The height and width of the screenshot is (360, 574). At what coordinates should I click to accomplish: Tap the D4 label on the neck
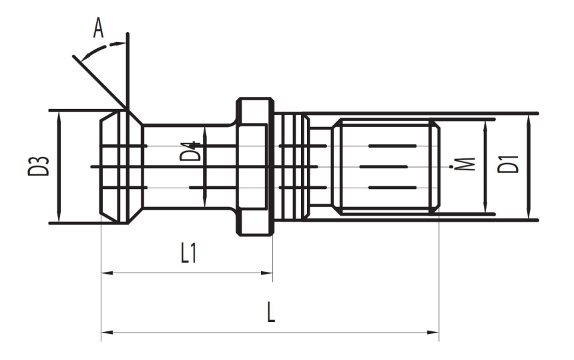pos(191,152)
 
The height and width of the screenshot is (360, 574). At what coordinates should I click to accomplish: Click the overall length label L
pos(270,313)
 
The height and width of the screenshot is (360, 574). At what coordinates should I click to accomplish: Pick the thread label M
pos(468,164)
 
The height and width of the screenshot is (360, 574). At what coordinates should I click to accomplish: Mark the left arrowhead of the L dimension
pos(105,331)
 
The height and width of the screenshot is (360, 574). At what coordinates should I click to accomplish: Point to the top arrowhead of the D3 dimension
pos(59,115)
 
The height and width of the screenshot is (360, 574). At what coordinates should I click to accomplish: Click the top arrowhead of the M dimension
pos(486,124)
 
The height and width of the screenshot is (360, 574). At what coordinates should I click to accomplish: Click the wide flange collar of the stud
pos(255,167)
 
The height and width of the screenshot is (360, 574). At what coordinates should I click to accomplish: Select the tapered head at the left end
pos(120,167)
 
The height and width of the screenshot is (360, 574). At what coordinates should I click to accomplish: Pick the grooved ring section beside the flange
pos(292,167)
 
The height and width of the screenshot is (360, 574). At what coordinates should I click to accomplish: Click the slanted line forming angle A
pos(100,80)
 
